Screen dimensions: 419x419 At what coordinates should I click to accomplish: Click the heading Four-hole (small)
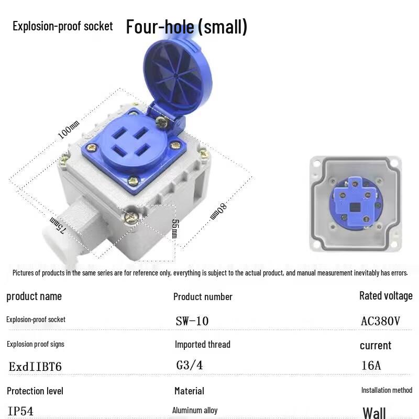(186, 27)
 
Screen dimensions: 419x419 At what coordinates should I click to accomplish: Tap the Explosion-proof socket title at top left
(62, 26)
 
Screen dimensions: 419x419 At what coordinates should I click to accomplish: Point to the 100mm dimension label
(68, 130)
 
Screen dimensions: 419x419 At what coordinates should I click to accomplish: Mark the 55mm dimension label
(174, 228)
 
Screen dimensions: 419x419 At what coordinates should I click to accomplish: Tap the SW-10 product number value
(192, 321)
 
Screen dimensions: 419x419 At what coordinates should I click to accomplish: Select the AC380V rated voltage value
(380, 321)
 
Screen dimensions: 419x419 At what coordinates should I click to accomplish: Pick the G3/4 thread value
(190, 366)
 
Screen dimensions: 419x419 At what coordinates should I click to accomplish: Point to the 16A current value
(371, 366)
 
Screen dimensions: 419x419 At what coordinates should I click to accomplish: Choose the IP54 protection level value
(20, 411)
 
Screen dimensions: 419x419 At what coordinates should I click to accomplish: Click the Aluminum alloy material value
(195, 411)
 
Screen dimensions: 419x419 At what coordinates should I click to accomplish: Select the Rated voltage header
(385, 296)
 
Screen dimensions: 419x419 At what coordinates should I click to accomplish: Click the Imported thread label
(202, 345)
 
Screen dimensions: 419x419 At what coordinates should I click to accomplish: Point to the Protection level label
(35, 391)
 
